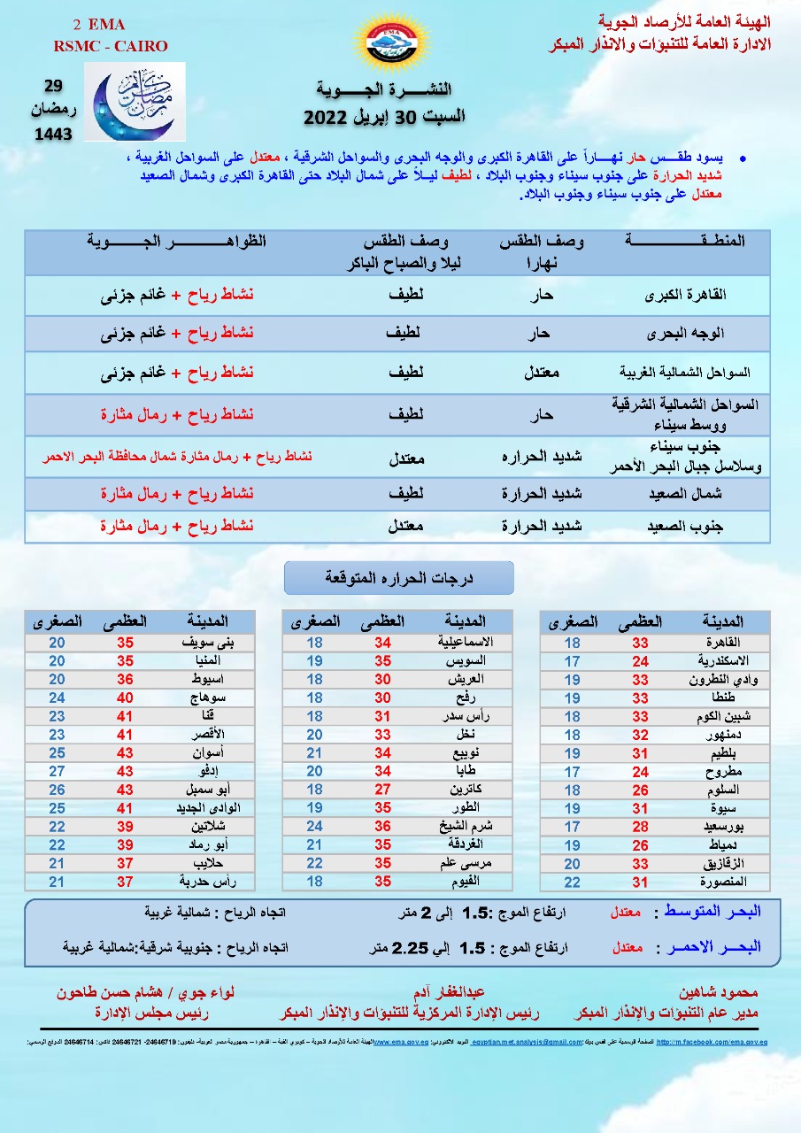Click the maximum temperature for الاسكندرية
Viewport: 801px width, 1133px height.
(x=640, y=661)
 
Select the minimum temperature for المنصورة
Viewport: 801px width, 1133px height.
(x=573, y=882)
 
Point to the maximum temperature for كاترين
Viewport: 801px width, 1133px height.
(x=382, y=790)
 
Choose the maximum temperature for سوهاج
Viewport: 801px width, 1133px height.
(x=125, y=698)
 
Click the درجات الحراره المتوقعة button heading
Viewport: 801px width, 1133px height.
(x=398, y=578)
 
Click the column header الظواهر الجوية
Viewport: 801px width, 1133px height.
(x=176, y=242)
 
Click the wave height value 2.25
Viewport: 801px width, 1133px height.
(x=410, y=947)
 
